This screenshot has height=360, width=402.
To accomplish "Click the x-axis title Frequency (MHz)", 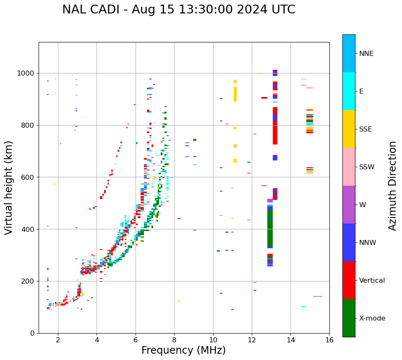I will coord(183,350).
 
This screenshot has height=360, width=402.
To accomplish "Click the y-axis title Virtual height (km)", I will coord(9,188).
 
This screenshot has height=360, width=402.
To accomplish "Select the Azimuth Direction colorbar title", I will coord(392,186).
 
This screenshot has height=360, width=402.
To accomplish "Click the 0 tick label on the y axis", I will coord(32,333).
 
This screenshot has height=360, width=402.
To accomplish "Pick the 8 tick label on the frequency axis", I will coord(174,340).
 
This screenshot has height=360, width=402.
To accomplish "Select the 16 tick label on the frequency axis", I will coord(329,340).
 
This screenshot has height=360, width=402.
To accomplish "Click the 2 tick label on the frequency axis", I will coord(58,340).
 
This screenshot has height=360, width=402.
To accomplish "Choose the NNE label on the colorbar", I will coord(366,54).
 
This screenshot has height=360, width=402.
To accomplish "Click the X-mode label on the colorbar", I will coord(372,318).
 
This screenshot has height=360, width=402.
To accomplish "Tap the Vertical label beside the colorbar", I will coord(372,281).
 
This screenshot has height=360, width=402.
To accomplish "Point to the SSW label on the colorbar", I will coord(366,167).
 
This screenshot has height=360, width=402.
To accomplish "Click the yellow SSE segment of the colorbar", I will coord(349,129).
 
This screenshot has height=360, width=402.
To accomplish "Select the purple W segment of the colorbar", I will coord(349,205).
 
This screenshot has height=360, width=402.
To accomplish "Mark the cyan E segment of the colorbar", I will coord(349,91).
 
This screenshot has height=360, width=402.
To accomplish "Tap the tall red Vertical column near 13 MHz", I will coord(275,126).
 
